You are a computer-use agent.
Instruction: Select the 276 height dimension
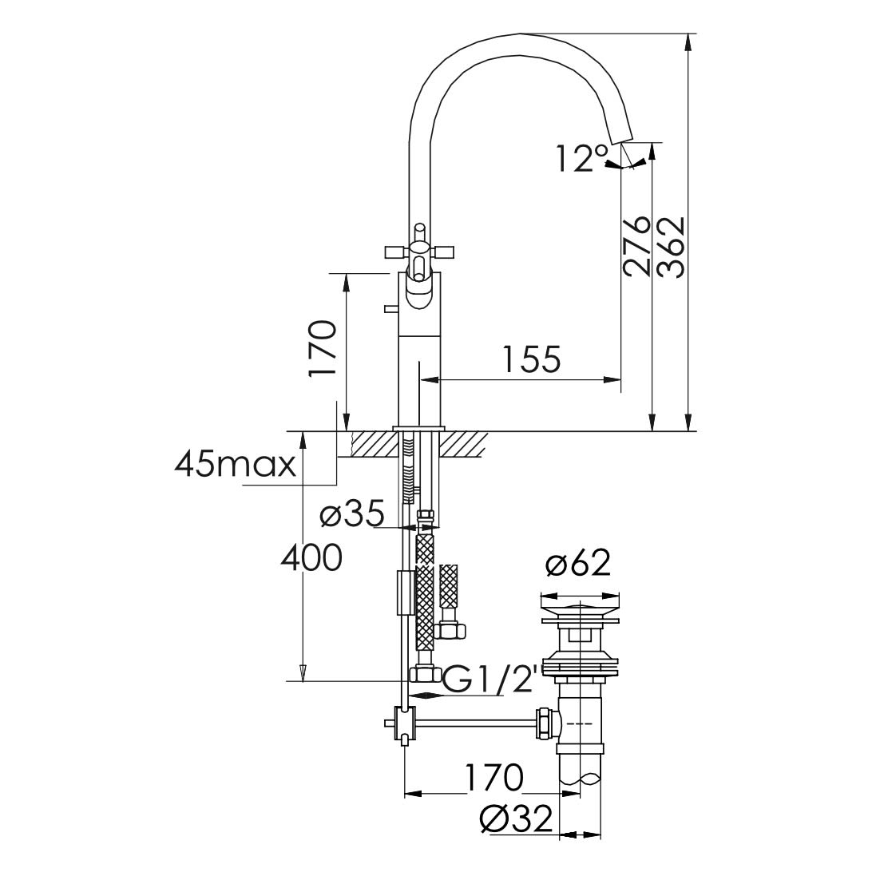(x=637, y=246)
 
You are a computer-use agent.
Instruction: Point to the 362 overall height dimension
(x=671, y=246)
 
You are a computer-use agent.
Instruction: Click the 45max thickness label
(x=236, y=464)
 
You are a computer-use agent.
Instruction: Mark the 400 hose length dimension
(x=311, y=557)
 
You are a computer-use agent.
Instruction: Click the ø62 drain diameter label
(x=579, y=565)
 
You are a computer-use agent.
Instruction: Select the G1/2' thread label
(x=490, y=680)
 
